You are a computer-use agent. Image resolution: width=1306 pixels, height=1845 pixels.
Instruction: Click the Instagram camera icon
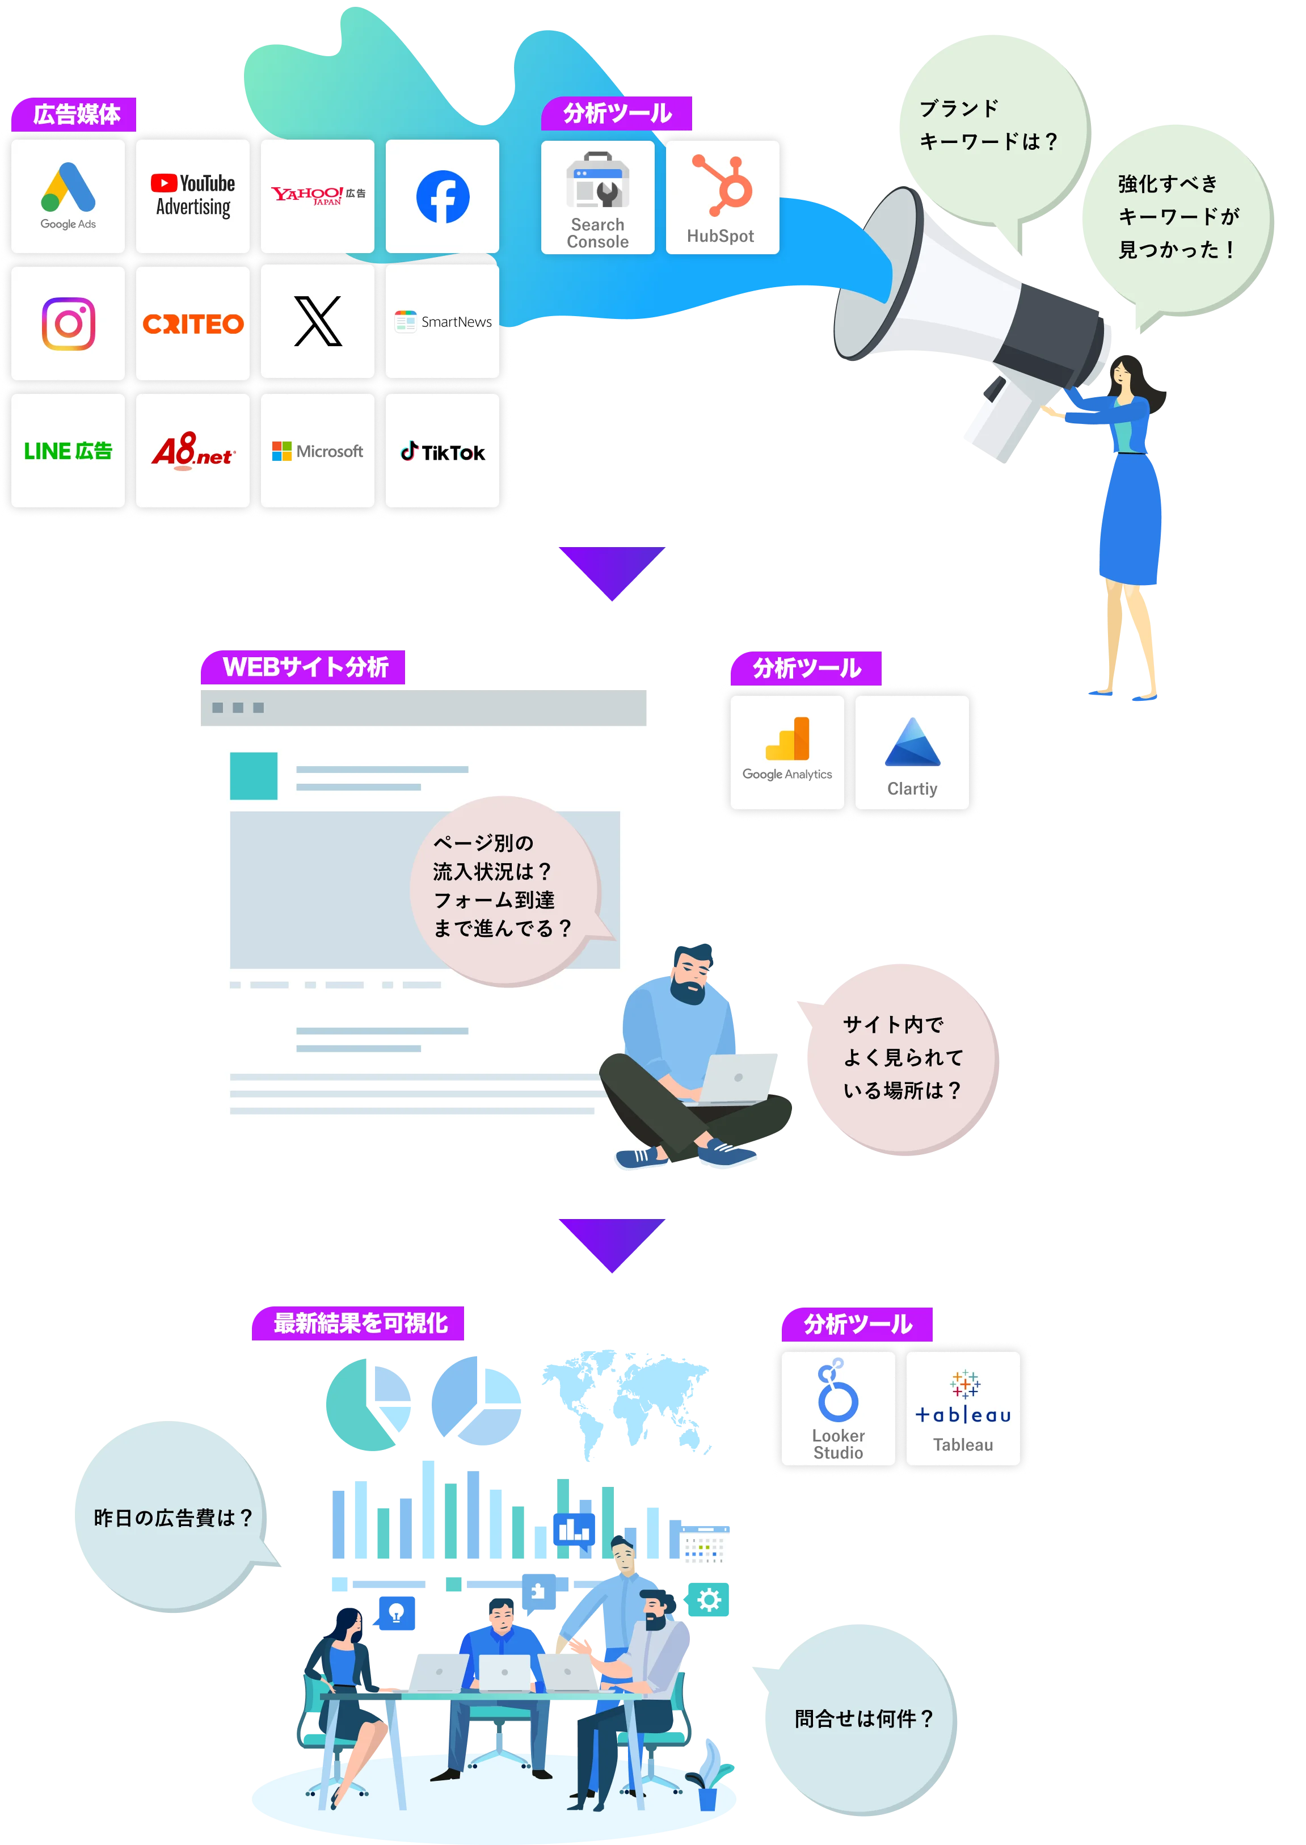pyautogui.click(x=68, y=323)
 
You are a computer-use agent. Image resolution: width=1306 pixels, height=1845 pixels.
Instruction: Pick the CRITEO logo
pyautogui.click(x=193, y=323)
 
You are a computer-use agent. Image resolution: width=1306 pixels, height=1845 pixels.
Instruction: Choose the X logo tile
pyautogui.click(x=318, y=322)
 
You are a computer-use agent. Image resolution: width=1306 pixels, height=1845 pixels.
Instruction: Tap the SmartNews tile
pyautogui.click(x=443, y=322)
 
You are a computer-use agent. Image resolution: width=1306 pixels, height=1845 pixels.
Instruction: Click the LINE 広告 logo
pyautogui.click(x=68, y=451)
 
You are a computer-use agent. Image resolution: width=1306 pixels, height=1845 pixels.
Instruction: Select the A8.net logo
pyautogui.click(x=193, y=451)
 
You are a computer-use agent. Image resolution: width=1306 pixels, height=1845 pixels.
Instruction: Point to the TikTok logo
pyautogui.click(x=443, y=451)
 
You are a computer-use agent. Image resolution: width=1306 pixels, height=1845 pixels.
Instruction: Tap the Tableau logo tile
pyautogui.click(x=963, y=1408)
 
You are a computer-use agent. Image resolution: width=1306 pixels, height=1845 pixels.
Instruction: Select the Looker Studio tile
pyautogui.click(x=838, y=1408)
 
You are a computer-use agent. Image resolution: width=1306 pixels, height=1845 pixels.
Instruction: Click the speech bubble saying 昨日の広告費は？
pyautogui.click(x=171, y=1518)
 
